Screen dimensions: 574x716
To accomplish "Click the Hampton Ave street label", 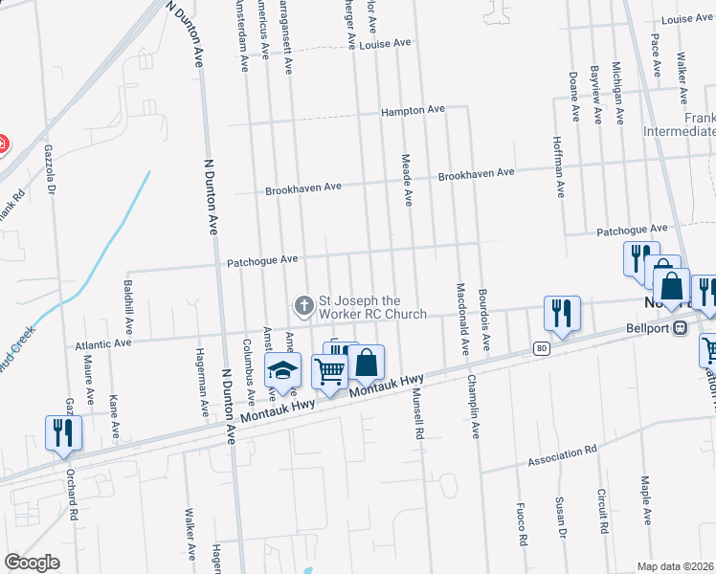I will [x=413, y=111].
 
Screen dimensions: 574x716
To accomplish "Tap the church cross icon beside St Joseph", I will [x=303, y=306].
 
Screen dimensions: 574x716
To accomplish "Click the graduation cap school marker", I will [x=282, y=370].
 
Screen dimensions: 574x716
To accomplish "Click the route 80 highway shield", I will [x=541, y=347].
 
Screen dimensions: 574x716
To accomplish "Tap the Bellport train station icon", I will [x=681, y=328].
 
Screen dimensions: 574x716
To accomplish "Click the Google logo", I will [x=32, y=562].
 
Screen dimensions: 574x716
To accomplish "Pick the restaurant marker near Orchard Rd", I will [x=64, y=431].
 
